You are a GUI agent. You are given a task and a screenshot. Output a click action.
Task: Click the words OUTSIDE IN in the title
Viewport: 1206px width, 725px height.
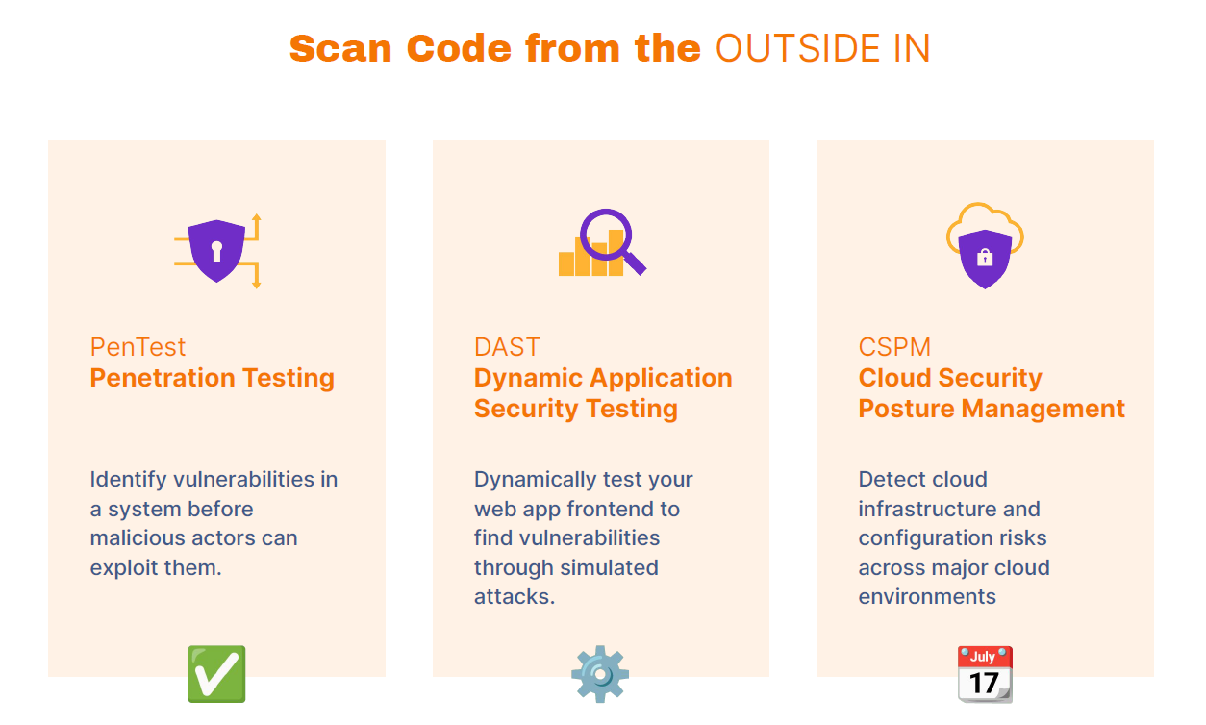[x=822, y=48]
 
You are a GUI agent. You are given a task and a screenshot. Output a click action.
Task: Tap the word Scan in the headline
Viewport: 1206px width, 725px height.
[x=340, y=48]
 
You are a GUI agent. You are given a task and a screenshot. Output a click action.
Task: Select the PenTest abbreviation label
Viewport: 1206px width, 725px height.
[x=138, y=347]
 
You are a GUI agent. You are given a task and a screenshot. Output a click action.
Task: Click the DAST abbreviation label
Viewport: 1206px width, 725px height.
[x=507, y=347]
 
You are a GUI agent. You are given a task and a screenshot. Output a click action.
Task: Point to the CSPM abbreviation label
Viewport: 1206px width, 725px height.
[x=894, y=347]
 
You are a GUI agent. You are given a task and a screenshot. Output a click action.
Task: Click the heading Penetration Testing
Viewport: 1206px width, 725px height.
[x=213, y=378]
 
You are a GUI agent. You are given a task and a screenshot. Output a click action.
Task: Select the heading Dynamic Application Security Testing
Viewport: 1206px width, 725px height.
[x=603, y=393]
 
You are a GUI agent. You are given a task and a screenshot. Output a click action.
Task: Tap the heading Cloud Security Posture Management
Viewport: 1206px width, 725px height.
[x=992, y=393]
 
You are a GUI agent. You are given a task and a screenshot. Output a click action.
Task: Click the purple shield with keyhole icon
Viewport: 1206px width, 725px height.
[x=217, y=250]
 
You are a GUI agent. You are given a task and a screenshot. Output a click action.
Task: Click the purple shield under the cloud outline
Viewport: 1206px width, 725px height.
[x=985, y=259]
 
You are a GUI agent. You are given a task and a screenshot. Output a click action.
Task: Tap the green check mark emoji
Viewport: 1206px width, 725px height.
[x=216, y=674]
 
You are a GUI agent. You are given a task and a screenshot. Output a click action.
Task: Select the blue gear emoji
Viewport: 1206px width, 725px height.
[x=600, y=674]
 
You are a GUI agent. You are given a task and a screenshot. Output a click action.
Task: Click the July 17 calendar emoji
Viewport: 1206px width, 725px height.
[x=985, y=674]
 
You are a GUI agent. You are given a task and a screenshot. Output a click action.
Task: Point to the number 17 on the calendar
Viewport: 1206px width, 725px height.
[x=984, y=683]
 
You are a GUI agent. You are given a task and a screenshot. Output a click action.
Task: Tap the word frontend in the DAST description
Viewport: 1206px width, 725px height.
[x=611, y=510]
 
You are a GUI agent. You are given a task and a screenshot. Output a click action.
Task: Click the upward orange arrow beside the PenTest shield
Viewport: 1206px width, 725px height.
[x=257, y=227]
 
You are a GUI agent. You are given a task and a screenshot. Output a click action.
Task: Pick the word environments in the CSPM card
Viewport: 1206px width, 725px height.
[x=927, y=597]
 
